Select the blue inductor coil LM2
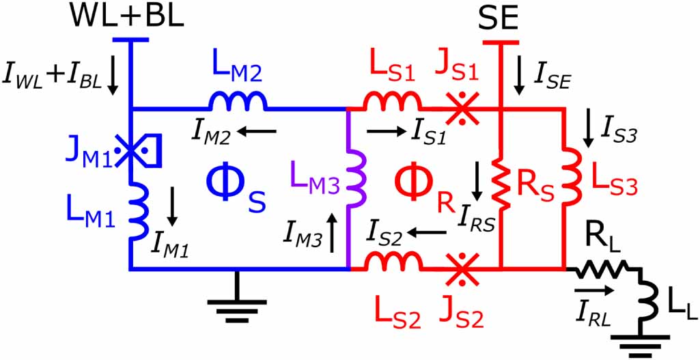pos(238,101)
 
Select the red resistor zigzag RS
pos(504,189)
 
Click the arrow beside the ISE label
pos(520,82)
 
